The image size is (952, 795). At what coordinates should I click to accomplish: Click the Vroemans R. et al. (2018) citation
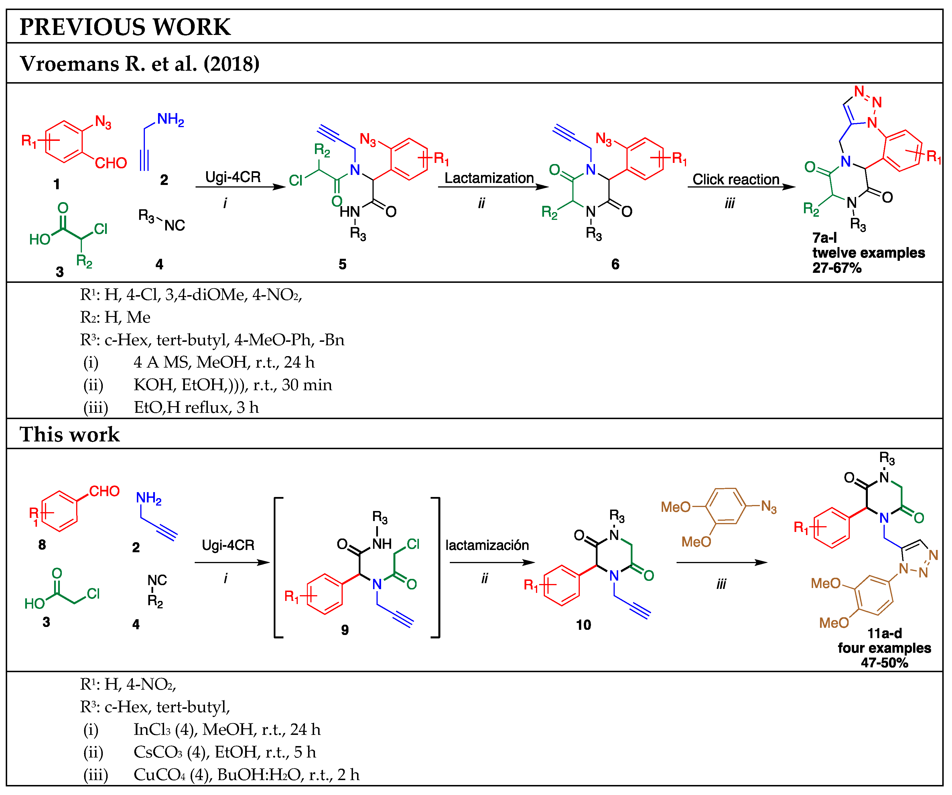[x=140, y=64]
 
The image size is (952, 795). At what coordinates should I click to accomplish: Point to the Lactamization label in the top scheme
[x=489, y=178]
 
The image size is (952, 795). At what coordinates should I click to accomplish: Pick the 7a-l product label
[x=824, y=238]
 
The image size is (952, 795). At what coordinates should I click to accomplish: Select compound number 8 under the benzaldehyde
[x=42, y=544]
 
